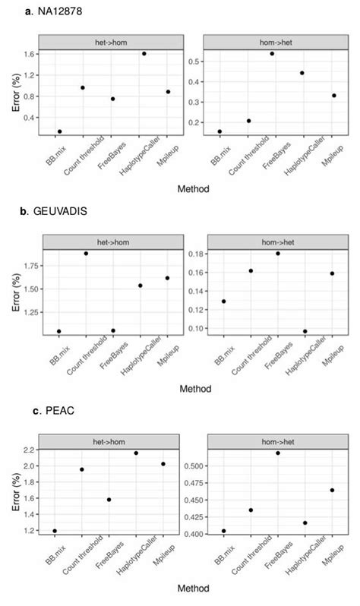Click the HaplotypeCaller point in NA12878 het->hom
144,53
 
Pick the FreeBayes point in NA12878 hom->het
272,54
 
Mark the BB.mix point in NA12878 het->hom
60,131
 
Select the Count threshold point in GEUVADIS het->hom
86,253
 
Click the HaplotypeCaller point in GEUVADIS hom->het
305,331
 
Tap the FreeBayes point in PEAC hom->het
278,453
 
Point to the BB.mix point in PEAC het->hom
55,531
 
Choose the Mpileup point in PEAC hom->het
332,490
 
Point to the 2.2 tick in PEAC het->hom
29,450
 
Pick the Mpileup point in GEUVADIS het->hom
167,278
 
